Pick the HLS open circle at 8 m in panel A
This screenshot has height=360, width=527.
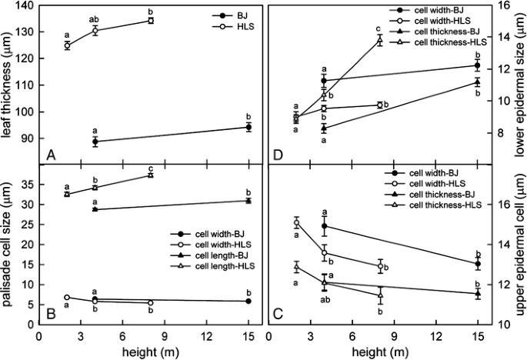(151, 21)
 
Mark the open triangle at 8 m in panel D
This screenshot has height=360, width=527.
(379, 40)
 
